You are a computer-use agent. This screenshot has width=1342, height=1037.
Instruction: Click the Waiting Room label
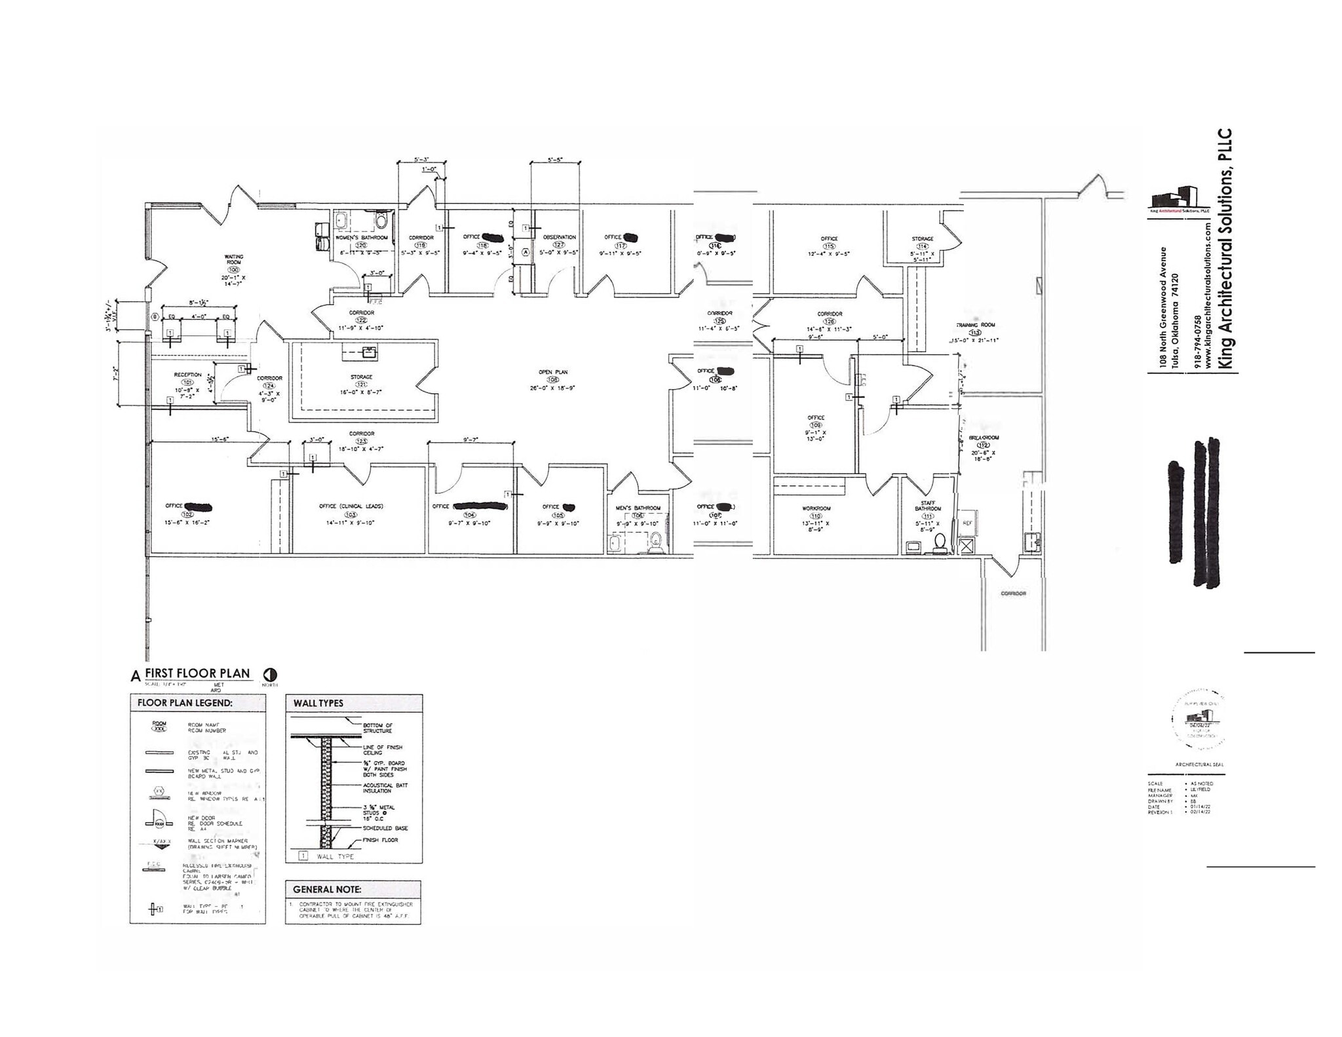coord(234,259)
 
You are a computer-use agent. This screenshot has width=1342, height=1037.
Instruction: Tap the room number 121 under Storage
coord(361,385)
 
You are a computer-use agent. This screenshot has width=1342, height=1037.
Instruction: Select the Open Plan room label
coord(553,372)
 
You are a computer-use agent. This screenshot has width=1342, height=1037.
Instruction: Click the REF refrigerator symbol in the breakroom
coord(967,523)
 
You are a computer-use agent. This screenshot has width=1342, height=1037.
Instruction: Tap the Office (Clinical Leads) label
coord(351,506)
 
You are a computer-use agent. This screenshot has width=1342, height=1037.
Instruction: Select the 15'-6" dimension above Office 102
coord(220,440)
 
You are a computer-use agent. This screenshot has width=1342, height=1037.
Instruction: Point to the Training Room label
coord(975,325)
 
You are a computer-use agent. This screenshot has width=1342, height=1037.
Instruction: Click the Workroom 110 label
coord(816,508)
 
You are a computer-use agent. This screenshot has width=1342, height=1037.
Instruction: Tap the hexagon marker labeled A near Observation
coord(525,252)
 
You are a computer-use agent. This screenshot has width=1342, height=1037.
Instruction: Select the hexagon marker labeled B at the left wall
coord(155,317)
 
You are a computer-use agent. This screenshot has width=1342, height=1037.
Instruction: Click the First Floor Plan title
coord(197,673)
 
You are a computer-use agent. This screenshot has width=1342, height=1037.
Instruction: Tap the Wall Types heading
coord(318,703)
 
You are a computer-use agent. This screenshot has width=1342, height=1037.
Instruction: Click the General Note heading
coord(327,890)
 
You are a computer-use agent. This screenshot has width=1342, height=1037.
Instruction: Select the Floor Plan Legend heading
coord(184,704)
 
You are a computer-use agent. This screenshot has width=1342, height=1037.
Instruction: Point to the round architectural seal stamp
coord(1197,722)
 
